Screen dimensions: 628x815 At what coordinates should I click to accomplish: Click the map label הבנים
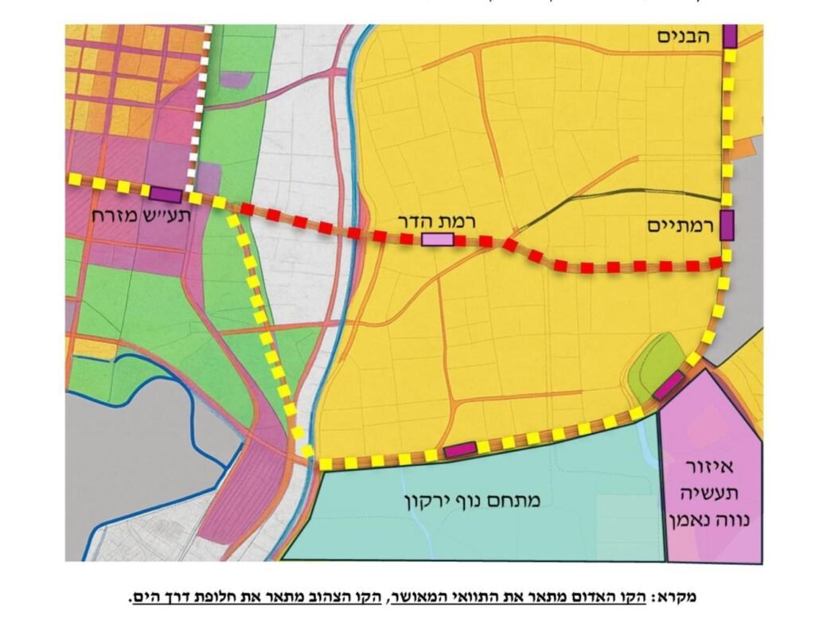pyautogui.click(x=684, y=36)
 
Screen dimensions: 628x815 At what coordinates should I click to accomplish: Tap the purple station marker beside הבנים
pyautogui.click(x=730, y=37)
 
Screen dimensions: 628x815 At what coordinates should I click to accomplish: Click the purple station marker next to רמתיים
pyautogui.click(x=727, y=225)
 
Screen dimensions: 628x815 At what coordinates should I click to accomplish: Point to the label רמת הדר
pyautogui.click(x=436, y=220)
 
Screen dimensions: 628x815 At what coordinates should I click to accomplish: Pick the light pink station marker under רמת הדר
pyautogui.click(x=437, y=240)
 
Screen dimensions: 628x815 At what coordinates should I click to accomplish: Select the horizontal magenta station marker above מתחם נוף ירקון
pyautogui.click(x=460, y=450)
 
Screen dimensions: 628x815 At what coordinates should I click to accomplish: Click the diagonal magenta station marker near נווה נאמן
pyautogui.click(x=668, y=384)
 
